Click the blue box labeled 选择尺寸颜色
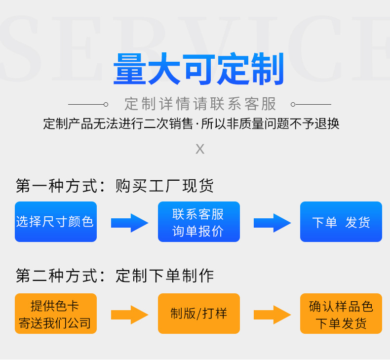(x=56, y=222)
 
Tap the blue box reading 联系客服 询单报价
(x=198, y=222)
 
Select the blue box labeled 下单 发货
(x=341, y=222)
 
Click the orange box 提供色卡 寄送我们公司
(x=56, y=314)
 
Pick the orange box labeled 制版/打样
(x=198, y=314)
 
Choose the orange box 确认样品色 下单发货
(x=341, y=314)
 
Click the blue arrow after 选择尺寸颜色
(x=129, y=223)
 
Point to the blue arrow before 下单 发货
(x=272, y=223)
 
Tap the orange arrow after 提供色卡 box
(x=129, y=315)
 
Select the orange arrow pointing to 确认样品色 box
(x=272, y=315)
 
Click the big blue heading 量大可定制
(x=199, y=70)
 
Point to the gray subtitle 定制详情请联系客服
(x=200, y=104)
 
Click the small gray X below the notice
(x=200, y=149)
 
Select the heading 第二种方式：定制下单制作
(x=115, y=276)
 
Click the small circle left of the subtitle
(x=106, y=104)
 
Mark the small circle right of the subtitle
(x=293, y=104)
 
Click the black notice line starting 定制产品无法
(x=191, y=123)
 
